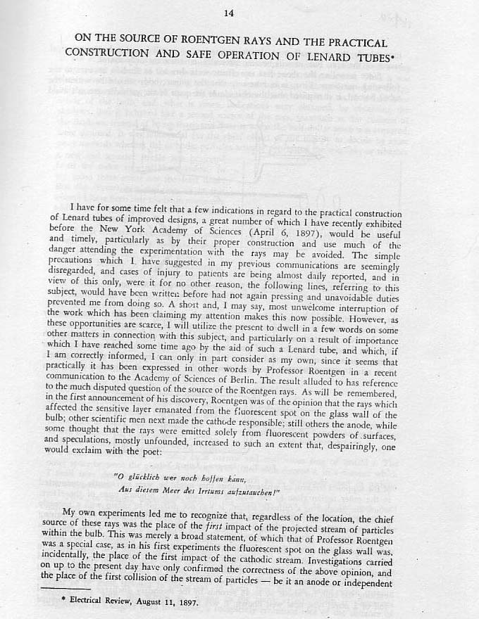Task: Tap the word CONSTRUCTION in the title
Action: (x=105, y=53)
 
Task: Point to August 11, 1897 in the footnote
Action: (x=172, y=604)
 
